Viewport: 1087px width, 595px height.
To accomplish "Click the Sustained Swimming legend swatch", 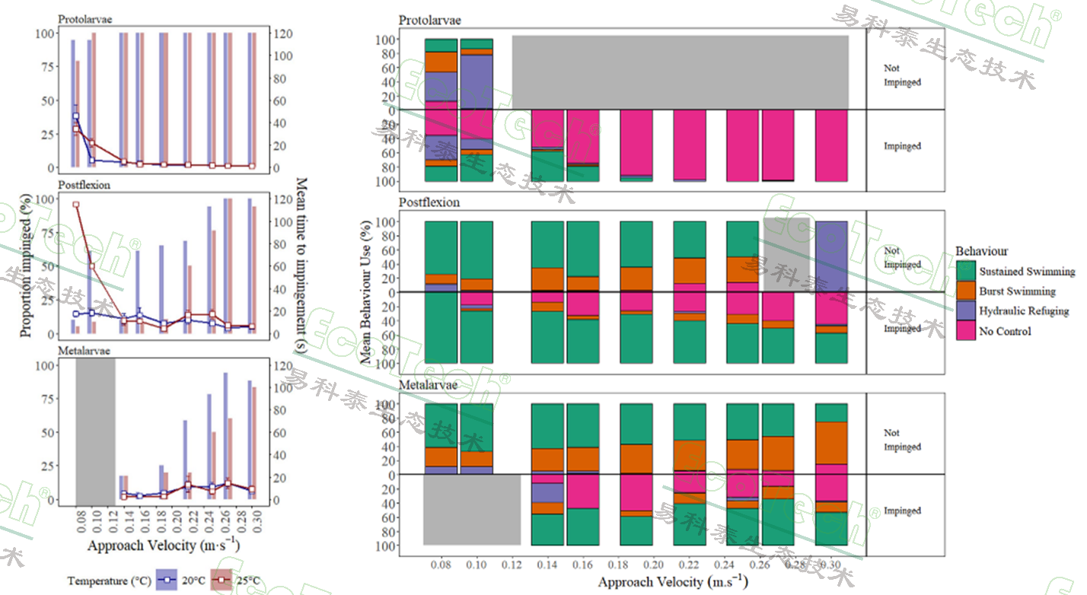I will pos(966,272).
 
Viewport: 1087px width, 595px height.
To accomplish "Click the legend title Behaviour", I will pos(983,251).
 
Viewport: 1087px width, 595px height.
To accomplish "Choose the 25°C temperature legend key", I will pos(221,581).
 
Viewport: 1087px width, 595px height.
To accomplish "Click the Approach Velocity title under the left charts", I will pos(164,546).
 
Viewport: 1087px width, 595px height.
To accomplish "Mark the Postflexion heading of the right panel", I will pos(429,203).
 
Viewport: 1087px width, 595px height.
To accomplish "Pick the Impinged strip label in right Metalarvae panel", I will pos(903,511).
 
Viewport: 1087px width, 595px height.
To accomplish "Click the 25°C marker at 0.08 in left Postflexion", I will pos(75,205).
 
